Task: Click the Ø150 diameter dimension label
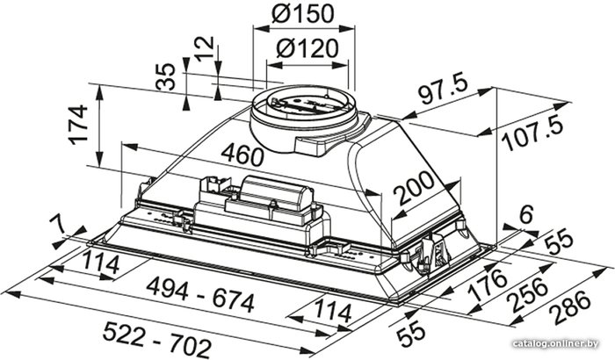click(x=302, y=14)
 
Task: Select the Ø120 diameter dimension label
click(x=307, y=48)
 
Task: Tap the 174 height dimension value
click(x=77, y=125)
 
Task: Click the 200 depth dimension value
click(x=414, y=188)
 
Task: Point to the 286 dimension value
click(x=569, y=306)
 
